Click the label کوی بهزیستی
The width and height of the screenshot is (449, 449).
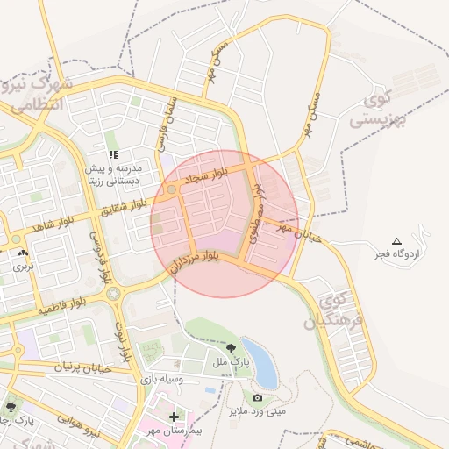click(x=380, y=111)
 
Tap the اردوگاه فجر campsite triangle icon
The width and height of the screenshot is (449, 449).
click(x=396, y=240)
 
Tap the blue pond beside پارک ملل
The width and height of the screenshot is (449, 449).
click(x=260, y=361)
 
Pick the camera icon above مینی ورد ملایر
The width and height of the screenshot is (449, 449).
click(x=256, y=396)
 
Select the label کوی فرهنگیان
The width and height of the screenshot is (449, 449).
click(x=333, y=312)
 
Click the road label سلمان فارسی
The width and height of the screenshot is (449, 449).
click(x=167, y=123)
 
